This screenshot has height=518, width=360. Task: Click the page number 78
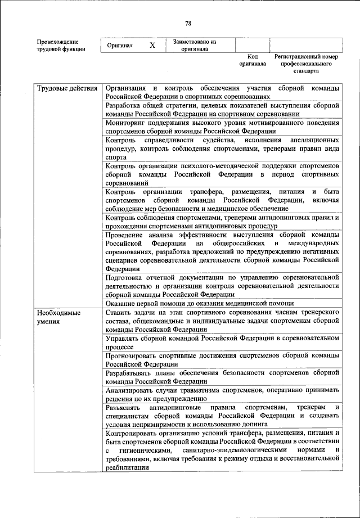pos(188,23)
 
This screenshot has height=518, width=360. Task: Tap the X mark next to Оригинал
pos(152,46)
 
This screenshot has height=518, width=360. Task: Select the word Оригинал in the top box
pos(120,46)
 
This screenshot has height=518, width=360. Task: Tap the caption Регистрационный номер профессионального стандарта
pos(306,64)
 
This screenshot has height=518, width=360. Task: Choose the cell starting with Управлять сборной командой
pos(222,342)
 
